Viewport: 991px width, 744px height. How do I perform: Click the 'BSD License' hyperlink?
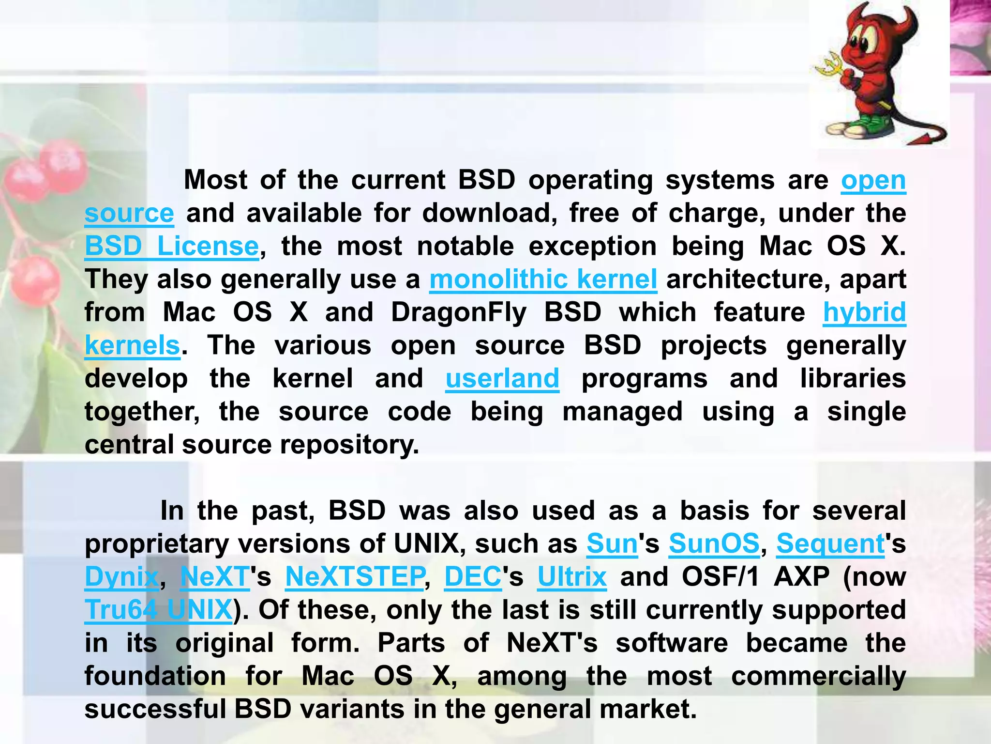click(x=172, y=247)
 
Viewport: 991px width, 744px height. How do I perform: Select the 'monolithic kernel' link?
click(x=543, y=279)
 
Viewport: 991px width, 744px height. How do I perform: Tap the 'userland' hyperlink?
click(x=502, y=379)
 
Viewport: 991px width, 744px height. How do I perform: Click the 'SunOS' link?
click(x=714, y=544)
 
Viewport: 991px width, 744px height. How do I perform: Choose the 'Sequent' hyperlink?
click(x=830, y=544)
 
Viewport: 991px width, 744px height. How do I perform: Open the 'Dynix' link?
click(x=121, y=577)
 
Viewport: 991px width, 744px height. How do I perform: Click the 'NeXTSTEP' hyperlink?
click(x=355, y=577)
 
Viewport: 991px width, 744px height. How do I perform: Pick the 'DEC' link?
click(x=473, y=577)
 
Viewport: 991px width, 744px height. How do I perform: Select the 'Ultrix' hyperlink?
click(x=571, y=577)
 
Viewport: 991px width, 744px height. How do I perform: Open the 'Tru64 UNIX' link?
click(x=158, y=610)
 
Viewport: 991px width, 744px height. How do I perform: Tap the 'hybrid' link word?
click(x=864, y=312)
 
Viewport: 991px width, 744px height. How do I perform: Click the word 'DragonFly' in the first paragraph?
click(x=458, y=312)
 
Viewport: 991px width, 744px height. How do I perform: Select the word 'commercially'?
click(x=818, y=676)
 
